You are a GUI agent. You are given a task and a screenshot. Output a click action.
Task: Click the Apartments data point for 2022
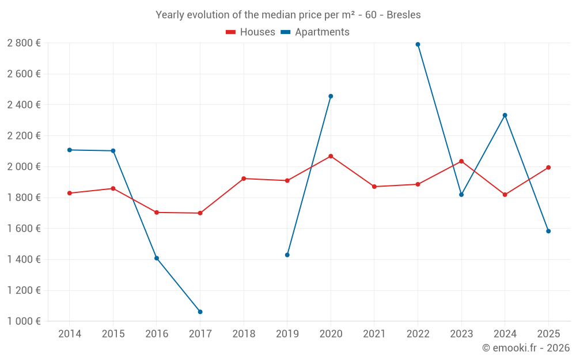point(418,44)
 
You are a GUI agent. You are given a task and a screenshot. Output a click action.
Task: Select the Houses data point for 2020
point(331,156)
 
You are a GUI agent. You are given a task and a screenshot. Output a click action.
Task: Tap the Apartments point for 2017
point(200,312)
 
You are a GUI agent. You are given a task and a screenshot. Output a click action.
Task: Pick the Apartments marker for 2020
point(331,96)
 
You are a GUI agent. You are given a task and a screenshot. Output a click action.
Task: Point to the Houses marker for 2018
point(244,179)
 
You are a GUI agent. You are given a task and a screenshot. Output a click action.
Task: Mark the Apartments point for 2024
point(505,115)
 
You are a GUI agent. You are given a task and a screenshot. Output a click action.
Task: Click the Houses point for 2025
point(548,168)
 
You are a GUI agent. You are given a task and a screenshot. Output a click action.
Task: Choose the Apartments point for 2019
point(287,255)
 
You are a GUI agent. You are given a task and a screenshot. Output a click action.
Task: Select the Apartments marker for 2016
point(157,258)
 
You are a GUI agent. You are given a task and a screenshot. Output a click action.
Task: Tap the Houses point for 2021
point(374,187)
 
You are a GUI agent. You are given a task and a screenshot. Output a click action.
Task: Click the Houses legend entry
point(251,32)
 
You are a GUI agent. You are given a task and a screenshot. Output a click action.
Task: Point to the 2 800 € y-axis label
point(24,43)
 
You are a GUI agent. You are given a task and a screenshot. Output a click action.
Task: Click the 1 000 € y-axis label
point(24,321)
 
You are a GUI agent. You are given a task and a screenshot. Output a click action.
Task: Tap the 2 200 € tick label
point(24,136)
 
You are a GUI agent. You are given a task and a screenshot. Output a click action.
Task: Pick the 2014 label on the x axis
point(70,334)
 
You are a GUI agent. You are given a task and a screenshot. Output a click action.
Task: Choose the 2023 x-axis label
point(461,334)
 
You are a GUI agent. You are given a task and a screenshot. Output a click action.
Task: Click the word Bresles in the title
point(403,15)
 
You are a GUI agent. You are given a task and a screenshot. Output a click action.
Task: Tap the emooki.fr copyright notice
point(525,348)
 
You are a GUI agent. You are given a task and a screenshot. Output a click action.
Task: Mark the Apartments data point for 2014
point(70,150)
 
